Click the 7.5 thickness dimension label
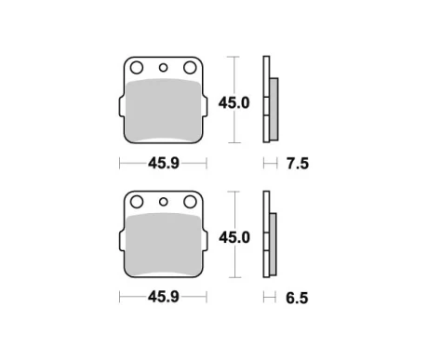[298, 164]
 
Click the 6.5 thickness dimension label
[297, 298]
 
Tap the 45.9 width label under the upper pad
[164, 163]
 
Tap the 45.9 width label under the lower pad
[164, 297]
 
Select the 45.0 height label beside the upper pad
[234, 103]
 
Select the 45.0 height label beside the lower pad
[234, 238]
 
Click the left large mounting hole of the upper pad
[137, 68]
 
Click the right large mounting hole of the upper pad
[190, 68]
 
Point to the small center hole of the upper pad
[163, 68]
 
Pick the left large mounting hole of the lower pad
[137, 202]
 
